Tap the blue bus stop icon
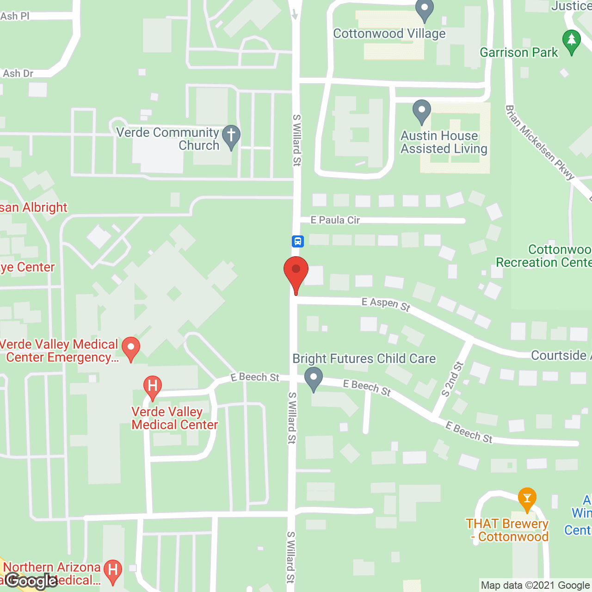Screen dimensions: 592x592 click(x=297, y=241)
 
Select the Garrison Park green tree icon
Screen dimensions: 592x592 click(x=571, y=41)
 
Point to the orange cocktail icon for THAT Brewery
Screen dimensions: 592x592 click(x=527, y=499)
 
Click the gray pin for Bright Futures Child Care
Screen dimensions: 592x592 click(x=314, y=378)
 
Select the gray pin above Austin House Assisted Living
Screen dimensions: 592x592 click(x=421, y=111)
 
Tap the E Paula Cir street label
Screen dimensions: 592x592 click(x=335, y=220)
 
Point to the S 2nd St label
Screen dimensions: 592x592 click(x=452, y=380)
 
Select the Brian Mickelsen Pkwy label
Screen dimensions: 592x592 click(x=539, y=142)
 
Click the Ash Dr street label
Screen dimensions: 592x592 click(x=18, y=74)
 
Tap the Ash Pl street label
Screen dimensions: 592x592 click(x=15, y=16)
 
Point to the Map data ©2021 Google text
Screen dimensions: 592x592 click(x=535, y=586)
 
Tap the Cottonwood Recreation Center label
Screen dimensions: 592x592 click(x=544, y=256)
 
